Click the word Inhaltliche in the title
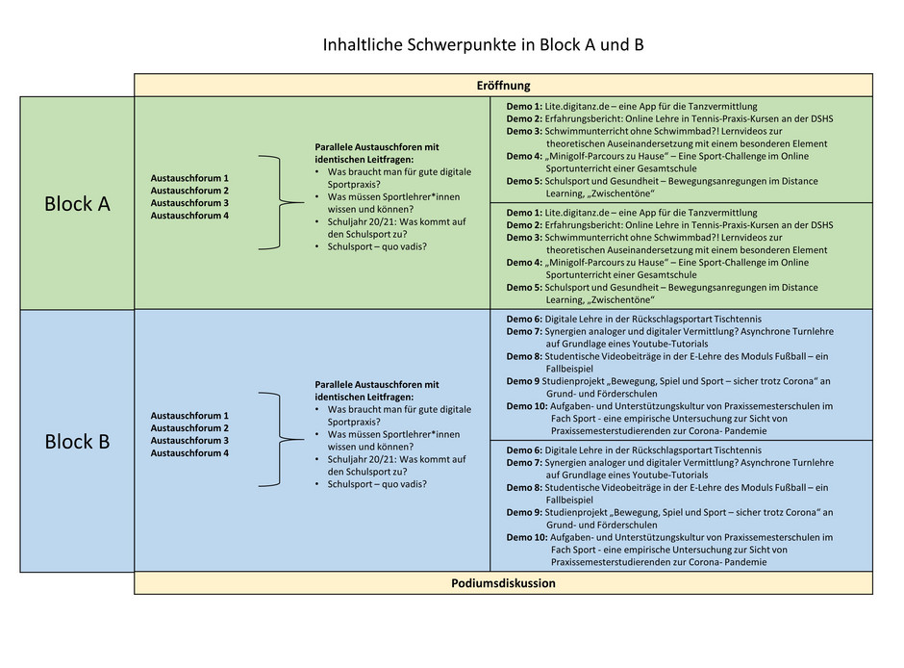[363, 44]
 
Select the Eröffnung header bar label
[503, 86]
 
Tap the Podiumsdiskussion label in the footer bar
[503, 583]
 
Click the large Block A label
[77, 204]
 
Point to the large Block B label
[77, 441]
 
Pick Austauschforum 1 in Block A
[189, 178]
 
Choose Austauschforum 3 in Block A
[189, 203]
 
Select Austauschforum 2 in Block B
[189, 428]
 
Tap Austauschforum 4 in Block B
[189, 452]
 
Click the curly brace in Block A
[280, 202]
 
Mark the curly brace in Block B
[280, 440]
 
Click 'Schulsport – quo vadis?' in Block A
[377, 247]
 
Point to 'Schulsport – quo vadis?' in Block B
[377, 484]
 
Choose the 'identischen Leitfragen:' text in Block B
[364, 397]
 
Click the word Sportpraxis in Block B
[352, 423]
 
